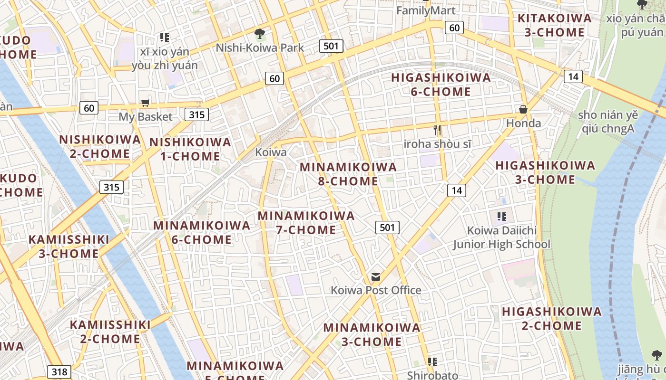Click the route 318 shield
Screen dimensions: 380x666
[59, 371]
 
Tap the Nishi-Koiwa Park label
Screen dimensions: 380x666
[260, 47]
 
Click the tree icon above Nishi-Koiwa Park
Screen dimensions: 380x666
[260, 34]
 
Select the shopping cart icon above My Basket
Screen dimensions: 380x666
[145, 103]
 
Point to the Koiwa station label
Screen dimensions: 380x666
[271, 152]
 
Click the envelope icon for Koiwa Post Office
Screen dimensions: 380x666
[376, 277]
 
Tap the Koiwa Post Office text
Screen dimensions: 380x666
[376, 290]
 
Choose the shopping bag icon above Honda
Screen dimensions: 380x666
[523, 110]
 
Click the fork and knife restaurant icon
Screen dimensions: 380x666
[437, 130]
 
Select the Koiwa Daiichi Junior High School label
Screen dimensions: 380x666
[501, 237]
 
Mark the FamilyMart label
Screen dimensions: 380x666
[426, 10]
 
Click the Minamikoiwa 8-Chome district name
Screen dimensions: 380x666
[348, 174]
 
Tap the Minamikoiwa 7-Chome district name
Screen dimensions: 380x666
[306, 222]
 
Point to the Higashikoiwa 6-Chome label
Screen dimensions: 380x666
[441, 84]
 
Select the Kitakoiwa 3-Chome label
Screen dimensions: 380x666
[554, 25]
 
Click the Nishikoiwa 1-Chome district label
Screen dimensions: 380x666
[190, 149]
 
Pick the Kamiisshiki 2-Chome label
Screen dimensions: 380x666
[110, 332]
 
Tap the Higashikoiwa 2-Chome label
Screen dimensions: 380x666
[552, 318]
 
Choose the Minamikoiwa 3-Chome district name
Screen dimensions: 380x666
[372, 334]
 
